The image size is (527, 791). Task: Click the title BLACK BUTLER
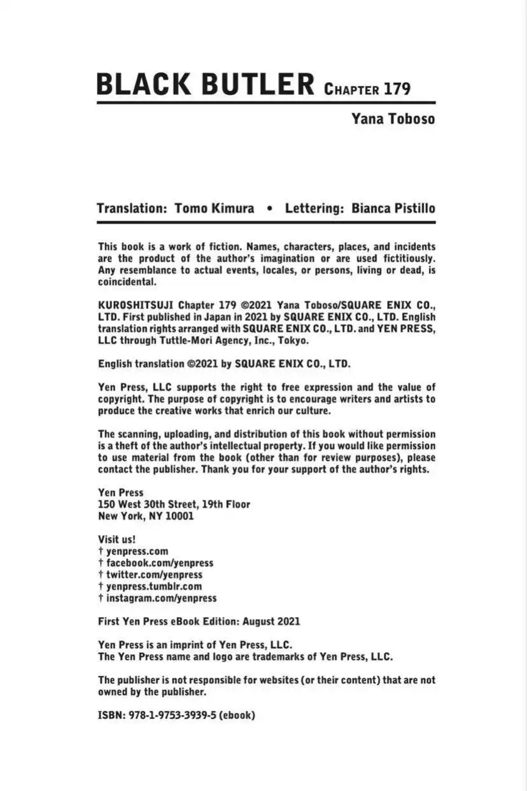(205, 84)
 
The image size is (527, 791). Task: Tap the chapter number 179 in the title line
(397, 89)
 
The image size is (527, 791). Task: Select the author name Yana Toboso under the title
(393, 118)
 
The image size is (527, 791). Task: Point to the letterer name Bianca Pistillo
(393, 208)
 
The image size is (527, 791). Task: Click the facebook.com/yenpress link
(159, 563)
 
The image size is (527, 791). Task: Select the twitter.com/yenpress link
(154, 574)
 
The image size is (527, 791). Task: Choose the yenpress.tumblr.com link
(153, 586)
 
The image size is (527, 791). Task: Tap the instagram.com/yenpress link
(161, 598)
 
